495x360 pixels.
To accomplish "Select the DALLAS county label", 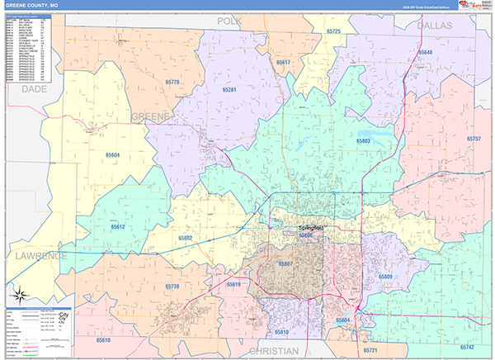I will pos(436,26).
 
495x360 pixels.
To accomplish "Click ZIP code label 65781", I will pos(229,89).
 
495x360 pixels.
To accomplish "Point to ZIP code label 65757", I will pos(473,139).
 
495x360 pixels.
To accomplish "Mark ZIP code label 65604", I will pos(112,154).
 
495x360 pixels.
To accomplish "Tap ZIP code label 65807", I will pos(285,264).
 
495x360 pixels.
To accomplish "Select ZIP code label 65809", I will pos(384,277).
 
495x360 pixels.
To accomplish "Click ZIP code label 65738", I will pos(172,286).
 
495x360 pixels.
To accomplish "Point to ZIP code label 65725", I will pos(333,31).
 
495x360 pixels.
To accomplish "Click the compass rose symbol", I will pos(19,294).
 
